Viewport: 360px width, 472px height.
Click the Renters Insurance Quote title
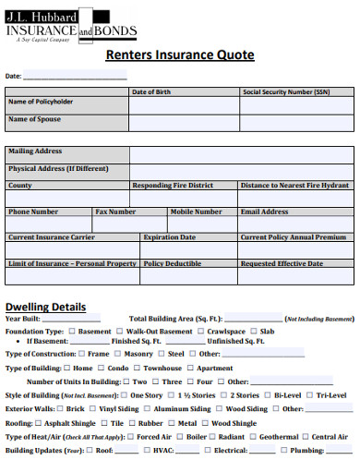coord(180,54)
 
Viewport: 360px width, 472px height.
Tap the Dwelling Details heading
coord(46,307)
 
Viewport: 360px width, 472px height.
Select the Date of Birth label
coord(151,92)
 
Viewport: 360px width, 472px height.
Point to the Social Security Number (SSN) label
coord(285,92)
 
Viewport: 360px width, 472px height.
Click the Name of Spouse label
coord(35,119)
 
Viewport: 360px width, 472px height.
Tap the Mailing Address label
coord(35,151)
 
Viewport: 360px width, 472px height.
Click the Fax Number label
coord(116,212)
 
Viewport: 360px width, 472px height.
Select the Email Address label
coord(265,212)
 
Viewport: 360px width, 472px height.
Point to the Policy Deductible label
coord(173,263)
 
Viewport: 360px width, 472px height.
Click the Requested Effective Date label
coord(282,263)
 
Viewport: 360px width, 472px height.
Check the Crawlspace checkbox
coord(201,331)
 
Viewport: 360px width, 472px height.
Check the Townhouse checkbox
coord(137,368)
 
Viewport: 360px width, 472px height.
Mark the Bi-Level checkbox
coord(269,394)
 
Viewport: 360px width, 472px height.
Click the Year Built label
coord(23,318)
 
